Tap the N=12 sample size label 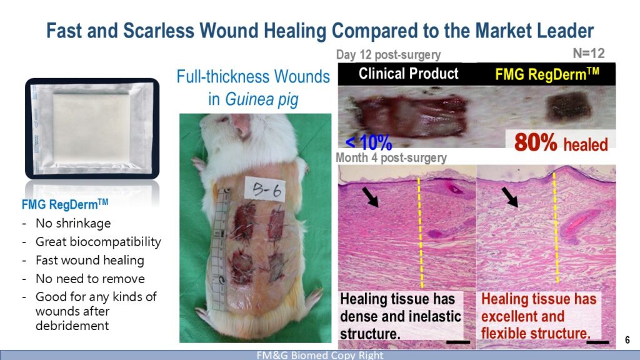[589, 53]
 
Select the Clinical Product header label [409, 74]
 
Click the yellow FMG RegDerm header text [547, 74]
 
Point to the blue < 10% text [369, 142]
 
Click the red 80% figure [536, 142]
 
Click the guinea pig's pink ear [241, 124]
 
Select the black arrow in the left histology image [370, 197]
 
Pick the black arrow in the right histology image [510, 197]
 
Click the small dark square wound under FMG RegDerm [568, 106]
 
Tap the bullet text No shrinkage [73, 223]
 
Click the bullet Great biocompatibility [98, 242]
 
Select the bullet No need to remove [90, 279]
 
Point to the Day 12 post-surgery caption [388, 55]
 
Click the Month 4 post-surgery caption [391, 157]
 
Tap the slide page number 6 [627, 339]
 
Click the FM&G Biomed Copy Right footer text [320, 355]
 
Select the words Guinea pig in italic [262, 99]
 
